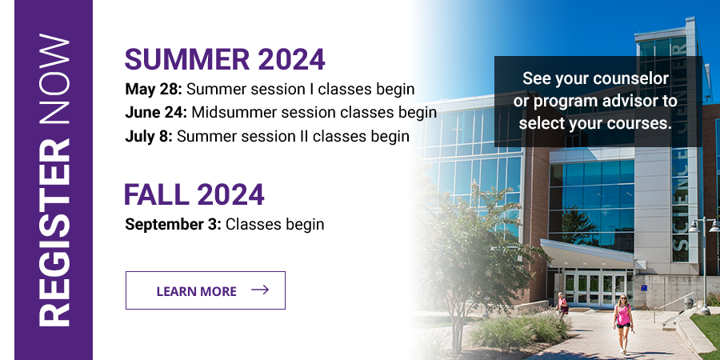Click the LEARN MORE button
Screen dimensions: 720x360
coord(206,290)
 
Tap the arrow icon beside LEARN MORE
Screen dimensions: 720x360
coord(260,290)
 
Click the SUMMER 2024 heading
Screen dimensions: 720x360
coord(225,59)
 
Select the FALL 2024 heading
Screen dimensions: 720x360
coord(194,194)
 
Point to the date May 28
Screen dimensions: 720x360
coord(154,89)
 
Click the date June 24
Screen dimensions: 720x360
coord(156,113)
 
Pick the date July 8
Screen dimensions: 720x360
coord(149,136)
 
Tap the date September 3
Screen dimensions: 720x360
coord(173,225)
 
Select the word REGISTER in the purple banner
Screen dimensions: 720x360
coord(54,232)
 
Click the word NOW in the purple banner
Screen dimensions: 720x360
coord(54,79)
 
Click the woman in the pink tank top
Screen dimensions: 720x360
coord(623,324)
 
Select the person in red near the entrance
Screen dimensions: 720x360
coord(562,304)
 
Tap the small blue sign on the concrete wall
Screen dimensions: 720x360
coord(644,288)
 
